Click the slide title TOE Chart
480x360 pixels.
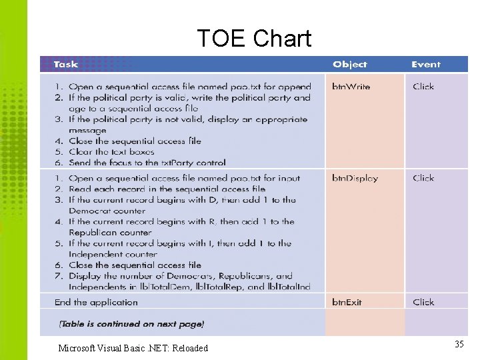254,39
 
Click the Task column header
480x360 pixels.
65,65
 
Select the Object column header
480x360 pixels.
349,65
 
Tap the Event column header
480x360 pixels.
425,65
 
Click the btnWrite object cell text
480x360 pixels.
351,87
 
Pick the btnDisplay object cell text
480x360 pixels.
355,179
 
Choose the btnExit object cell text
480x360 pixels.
347,302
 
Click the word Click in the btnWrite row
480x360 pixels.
423,87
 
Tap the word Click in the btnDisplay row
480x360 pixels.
423,179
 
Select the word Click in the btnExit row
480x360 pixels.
423,302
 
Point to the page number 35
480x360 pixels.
459,344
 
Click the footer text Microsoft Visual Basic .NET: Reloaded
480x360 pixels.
133,348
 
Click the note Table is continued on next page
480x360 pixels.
131,324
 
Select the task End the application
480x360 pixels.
96,302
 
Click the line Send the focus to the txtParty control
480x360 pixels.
147,163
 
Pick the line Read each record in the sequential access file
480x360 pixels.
167,189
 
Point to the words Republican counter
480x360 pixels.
110,233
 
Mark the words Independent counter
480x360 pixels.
113,254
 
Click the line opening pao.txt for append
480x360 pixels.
189,87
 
